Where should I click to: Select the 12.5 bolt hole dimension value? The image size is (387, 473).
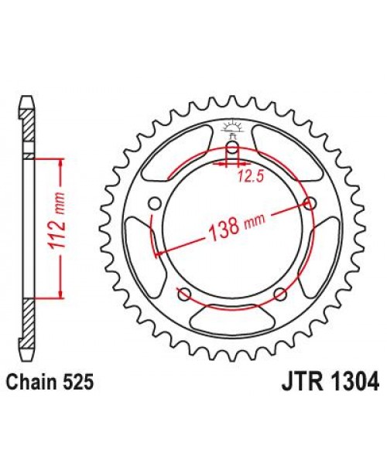click(247, 177)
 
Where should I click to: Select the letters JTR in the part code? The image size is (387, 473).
click(294, 381)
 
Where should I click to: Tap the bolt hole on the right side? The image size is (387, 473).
click(311, 203)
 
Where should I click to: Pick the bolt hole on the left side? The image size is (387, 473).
click(152, 203)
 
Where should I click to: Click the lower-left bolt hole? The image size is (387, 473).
click(183, 293)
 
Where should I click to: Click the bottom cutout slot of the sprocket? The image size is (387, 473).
click(231, 317)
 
